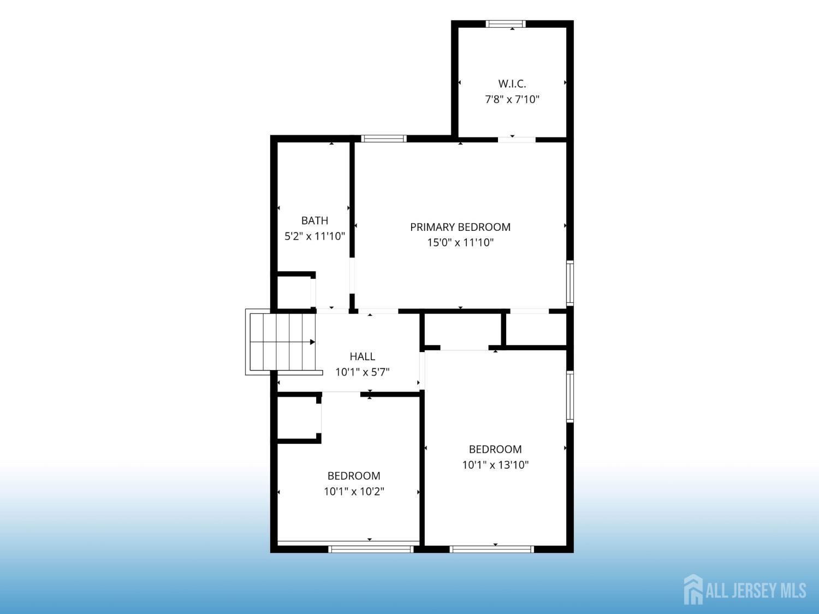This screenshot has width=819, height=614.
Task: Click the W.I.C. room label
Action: [x=512, y=84]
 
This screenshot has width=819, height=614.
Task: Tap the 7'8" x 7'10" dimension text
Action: [x=512, y=99]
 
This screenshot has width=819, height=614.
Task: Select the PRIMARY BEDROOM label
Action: [x=460, y=227]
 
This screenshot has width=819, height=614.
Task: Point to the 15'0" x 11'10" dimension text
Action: [x=460, y=243]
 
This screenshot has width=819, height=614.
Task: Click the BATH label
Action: [x=314, y=220]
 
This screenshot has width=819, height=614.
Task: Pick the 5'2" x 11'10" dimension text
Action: [x=314, y=236]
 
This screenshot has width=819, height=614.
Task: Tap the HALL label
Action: [x=363, y=357]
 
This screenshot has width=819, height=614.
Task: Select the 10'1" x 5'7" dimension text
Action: [x=363, y=372]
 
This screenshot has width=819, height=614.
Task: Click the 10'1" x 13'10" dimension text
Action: [x=495, y=465]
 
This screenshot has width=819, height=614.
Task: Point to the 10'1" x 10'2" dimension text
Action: [x=354, y=491]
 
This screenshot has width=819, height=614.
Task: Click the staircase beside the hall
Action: [x=282, y=342]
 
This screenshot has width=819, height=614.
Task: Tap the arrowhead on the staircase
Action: [x=313, y=342]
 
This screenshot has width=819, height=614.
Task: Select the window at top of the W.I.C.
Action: [x=506, y=24]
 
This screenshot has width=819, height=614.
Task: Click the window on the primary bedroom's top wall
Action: [x=384, y=139]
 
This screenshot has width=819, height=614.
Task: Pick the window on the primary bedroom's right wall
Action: [x=570, y=283]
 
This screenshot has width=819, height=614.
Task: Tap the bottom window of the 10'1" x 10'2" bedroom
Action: [x=371, y=549]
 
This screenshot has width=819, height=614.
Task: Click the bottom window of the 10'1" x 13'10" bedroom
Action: [x=491, y=549]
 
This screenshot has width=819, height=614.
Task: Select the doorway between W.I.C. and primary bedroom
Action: [x=517, y=140]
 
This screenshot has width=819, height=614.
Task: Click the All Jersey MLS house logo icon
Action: [x=693, y=589]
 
